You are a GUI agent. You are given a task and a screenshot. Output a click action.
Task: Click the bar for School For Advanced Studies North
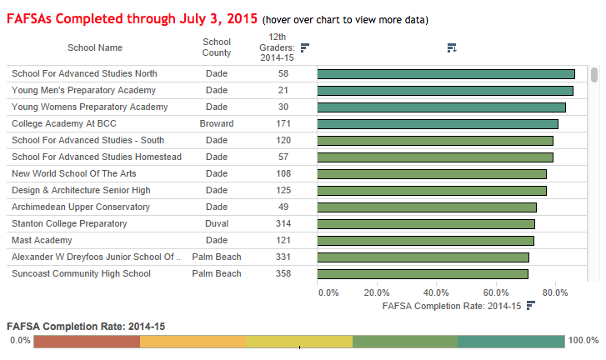pyautogui.click(x=446, y=74)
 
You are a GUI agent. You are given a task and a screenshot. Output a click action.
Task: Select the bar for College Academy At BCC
pyautogui.click(x=438, y=124)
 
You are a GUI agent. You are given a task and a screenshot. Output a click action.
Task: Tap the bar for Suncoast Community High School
pyautogui.click(x=423, y=274)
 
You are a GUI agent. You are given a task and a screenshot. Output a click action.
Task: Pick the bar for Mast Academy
pyautogui.click(x=426, y=241)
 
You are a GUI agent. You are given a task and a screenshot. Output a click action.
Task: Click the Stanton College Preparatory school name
pyautogui.click(x=69, y=223)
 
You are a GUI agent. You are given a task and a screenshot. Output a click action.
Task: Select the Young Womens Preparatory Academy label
pyautogui.click(x=90, y=107)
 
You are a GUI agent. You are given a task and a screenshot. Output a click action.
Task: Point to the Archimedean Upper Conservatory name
pyautogui.click(x=81, y=207)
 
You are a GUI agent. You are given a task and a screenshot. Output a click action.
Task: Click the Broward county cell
pyautogui.click(x=217, y=123)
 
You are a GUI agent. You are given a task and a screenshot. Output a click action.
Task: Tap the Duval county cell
pyautogui.click(x=217, y=223)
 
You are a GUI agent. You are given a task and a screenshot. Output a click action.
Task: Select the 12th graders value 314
pyautogui.click(x=283, y=223)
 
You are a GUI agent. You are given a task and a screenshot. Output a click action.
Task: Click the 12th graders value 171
pyautogui.click(x=283, y=123)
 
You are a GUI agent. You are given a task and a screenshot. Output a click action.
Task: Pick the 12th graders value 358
pyautogui.click(x=283, y=273)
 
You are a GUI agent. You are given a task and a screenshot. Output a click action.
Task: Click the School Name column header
pyautogui.click(x=98, y=48)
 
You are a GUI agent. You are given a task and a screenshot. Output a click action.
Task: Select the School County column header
pyautogui.click(x=217, y=47)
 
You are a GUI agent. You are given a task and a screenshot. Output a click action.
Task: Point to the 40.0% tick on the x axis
pyautogui.click(x=437, y=292)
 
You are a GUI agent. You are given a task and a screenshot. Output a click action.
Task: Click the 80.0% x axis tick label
pyautogui.click(x=555, y=292)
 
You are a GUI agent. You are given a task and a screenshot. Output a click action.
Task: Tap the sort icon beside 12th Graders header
pyautogui.click(x=304, y=47)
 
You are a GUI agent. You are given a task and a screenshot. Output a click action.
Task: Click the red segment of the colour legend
pyautogui.click(x=87, y=342)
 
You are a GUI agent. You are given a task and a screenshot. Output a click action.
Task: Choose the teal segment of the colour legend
pyautogui.click(x=510, y=342)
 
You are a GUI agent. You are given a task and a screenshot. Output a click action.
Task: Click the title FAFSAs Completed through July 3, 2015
pyautogui.click(x=132, y=18)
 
